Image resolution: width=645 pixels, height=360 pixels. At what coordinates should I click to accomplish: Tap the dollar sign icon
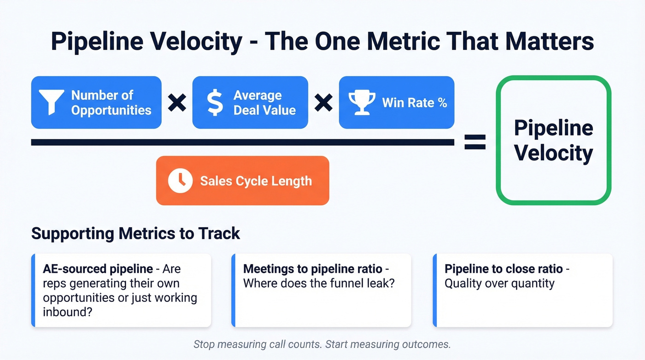[214, 102]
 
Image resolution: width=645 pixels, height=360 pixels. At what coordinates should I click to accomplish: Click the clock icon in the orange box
[180, 181]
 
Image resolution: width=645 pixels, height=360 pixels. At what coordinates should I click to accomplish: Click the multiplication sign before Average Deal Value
[177, 102]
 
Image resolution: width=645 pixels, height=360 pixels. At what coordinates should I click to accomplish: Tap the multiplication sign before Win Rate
[323, 102]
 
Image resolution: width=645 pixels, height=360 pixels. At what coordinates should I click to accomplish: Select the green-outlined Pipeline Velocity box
[553, 140]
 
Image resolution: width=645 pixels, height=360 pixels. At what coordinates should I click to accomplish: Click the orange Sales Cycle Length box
[242, 181]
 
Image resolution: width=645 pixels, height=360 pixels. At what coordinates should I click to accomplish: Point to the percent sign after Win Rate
[442, 102]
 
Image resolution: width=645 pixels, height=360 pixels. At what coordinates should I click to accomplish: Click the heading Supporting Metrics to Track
[135, 233]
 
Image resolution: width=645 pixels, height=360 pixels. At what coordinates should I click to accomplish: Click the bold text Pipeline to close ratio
[504, 269]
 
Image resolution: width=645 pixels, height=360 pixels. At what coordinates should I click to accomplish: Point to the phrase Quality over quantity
[499, 283]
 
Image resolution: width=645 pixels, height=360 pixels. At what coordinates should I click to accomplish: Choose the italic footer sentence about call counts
[322, 344]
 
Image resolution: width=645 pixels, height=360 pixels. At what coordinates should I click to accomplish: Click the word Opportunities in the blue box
[111, 110]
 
